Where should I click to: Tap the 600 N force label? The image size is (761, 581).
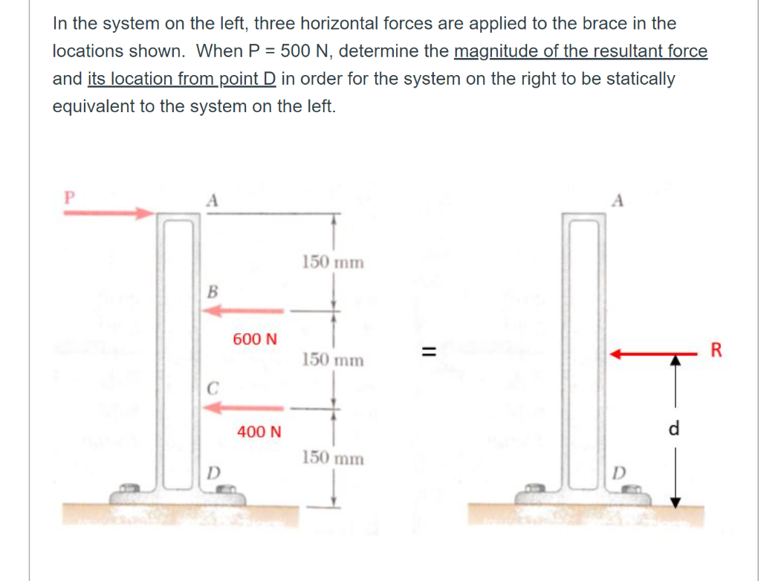coord(255,339)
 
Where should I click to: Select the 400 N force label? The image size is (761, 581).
coord(259,431)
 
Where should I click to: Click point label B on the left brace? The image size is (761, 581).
coord(212,290)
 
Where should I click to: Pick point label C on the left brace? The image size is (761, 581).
coord(213,386)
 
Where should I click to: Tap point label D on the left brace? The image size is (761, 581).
coord(213,471)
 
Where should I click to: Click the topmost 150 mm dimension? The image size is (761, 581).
coord(333,262)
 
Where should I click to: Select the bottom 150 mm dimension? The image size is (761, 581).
coord(333,458)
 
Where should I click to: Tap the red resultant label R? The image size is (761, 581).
coord(716,350)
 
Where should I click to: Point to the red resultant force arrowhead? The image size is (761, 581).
coord(615,356)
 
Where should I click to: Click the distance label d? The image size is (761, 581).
coord(674,429)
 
